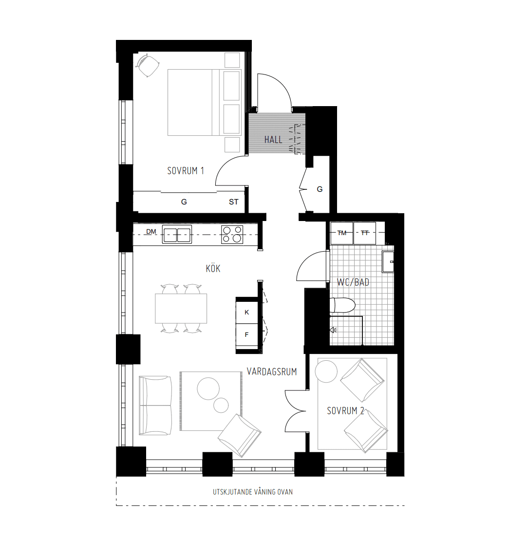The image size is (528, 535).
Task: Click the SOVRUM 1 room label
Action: pyautogui.click(x=185, y=171)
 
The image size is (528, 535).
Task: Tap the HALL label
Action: pyautogui.click(x=273, y=140)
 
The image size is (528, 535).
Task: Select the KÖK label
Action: pyautogui.click(x=213, y=268)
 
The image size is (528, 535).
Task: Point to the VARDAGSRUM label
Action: pyautogui.click(x=272, y=372)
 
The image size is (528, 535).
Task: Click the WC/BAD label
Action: pyautogui.click(x=353, y=282)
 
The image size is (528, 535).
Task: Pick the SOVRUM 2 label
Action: pyautogui.click(x=346, y=411)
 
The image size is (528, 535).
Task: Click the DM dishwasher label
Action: pyautogui.click(x=151, y=232)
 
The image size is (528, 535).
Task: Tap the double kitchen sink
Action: pyautogui.click(x=177, y=235)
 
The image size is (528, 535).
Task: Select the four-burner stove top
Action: pyautogui.click(x=232, y=235)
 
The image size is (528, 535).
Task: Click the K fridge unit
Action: pyautogui.click(x=247, y=312)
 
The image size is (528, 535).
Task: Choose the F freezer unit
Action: pyautogui.click(x=247, y=335)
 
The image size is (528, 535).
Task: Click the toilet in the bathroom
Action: pyautogui.click(x=342, y=306)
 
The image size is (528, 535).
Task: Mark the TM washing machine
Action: pyautogui.click(x=342, y=233)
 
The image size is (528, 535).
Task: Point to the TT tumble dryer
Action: pyautogui.click(x=365, y=233)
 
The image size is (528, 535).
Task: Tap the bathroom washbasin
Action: pyautogui.click(x=388, y=261)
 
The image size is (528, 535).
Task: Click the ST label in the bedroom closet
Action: pyautogui.click(x=234, y=202)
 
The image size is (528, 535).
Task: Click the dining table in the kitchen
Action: pyautogui.click(x=181, y=308)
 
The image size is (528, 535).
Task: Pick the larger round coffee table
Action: pyautogui.click(x=208, y=389)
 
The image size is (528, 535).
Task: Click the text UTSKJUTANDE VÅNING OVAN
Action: pyautogui.click(x=253, y=492)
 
